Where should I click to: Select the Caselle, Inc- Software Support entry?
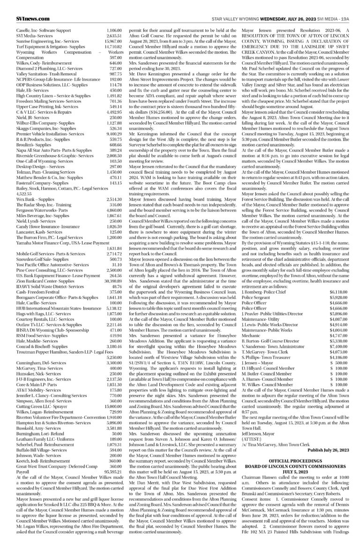pyautogui.click(x=34, y=30)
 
